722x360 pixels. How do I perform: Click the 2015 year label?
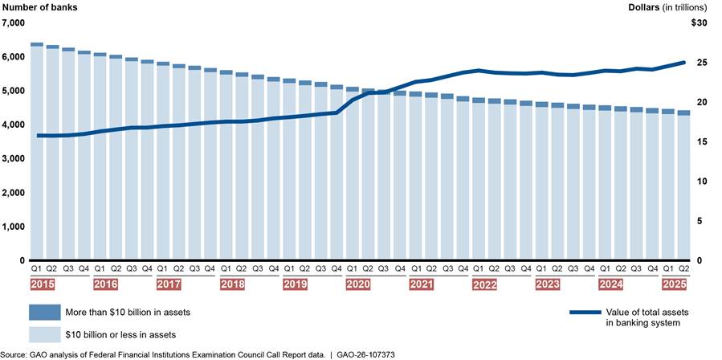coord(43,284)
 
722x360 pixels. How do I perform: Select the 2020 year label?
coord(358,284)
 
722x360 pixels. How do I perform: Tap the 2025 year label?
coord(673,284)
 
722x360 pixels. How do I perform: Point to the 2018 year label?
coord(232,284)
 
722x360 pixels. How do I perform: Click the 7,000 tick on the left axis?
coord(14,23)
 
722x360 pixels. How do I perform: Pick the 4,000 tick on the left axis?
coord(14,125)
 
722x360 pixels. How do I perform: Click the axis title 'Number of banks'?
coord(37,7)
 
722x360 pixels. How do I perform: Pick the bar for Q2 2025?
coord(684,186)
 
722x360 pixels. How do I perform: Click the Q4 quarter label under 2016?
coord(147,269)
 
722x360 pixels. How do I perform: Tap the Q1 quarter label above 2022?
coord(478,269)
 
